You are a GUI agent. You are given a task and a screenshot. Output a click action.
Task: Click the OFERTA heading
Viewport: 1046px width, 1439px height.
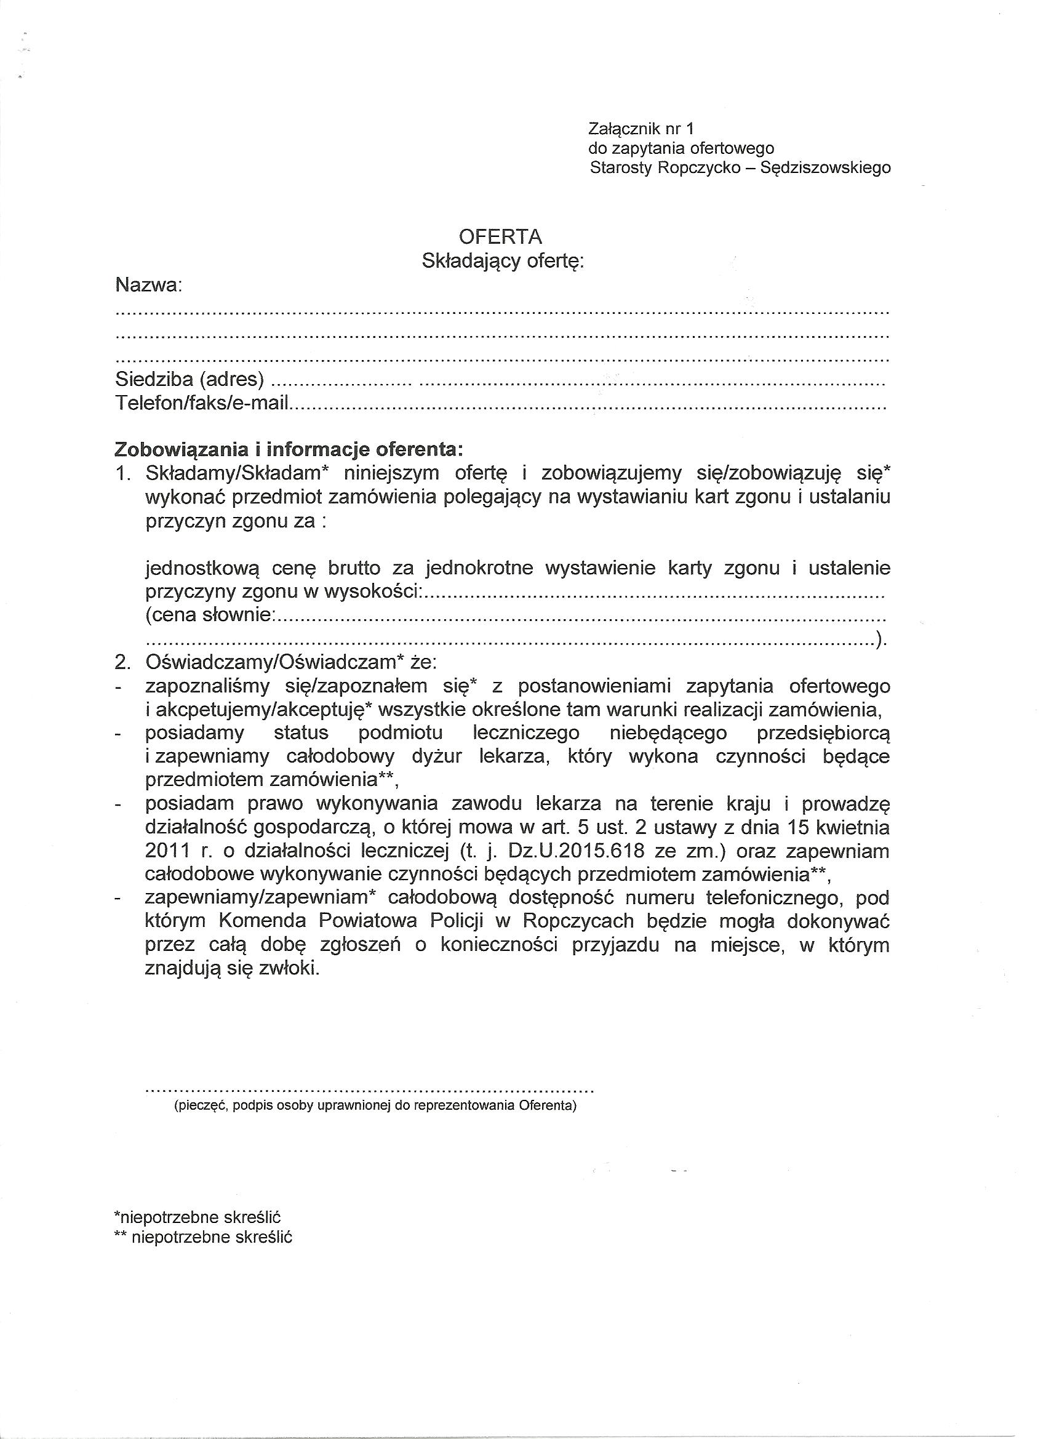tap(500, 237)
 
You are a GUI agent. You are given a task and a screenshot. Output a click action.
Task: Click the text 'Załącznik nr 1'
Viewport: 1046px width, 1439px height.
tap(641, 129)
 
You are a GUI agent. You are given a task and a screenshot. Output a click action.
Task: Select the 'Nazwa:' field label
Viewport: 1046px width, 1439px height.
tap(148, 286)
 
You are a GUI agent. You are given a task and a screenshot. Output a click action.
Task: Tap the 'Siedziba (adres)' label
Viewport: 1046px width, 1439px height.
tap(189, 379)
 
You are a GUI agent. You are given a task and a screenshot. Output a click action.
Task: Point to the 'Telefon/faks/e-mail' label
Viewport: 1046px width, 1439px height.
tap(202, 403)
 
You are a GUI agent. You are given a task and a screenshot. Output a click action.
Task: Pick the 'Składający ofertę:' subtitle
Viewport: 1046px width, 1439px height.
tap(502, 261)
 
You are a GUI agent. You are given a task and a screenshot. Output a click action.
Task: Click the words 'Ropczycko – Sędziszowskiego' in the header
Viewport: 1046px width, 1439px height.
tap(775, 168)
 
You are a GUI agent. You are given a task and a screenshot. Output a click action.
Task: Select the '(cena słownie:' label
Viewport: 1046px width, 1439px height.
tap(210, 615)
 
